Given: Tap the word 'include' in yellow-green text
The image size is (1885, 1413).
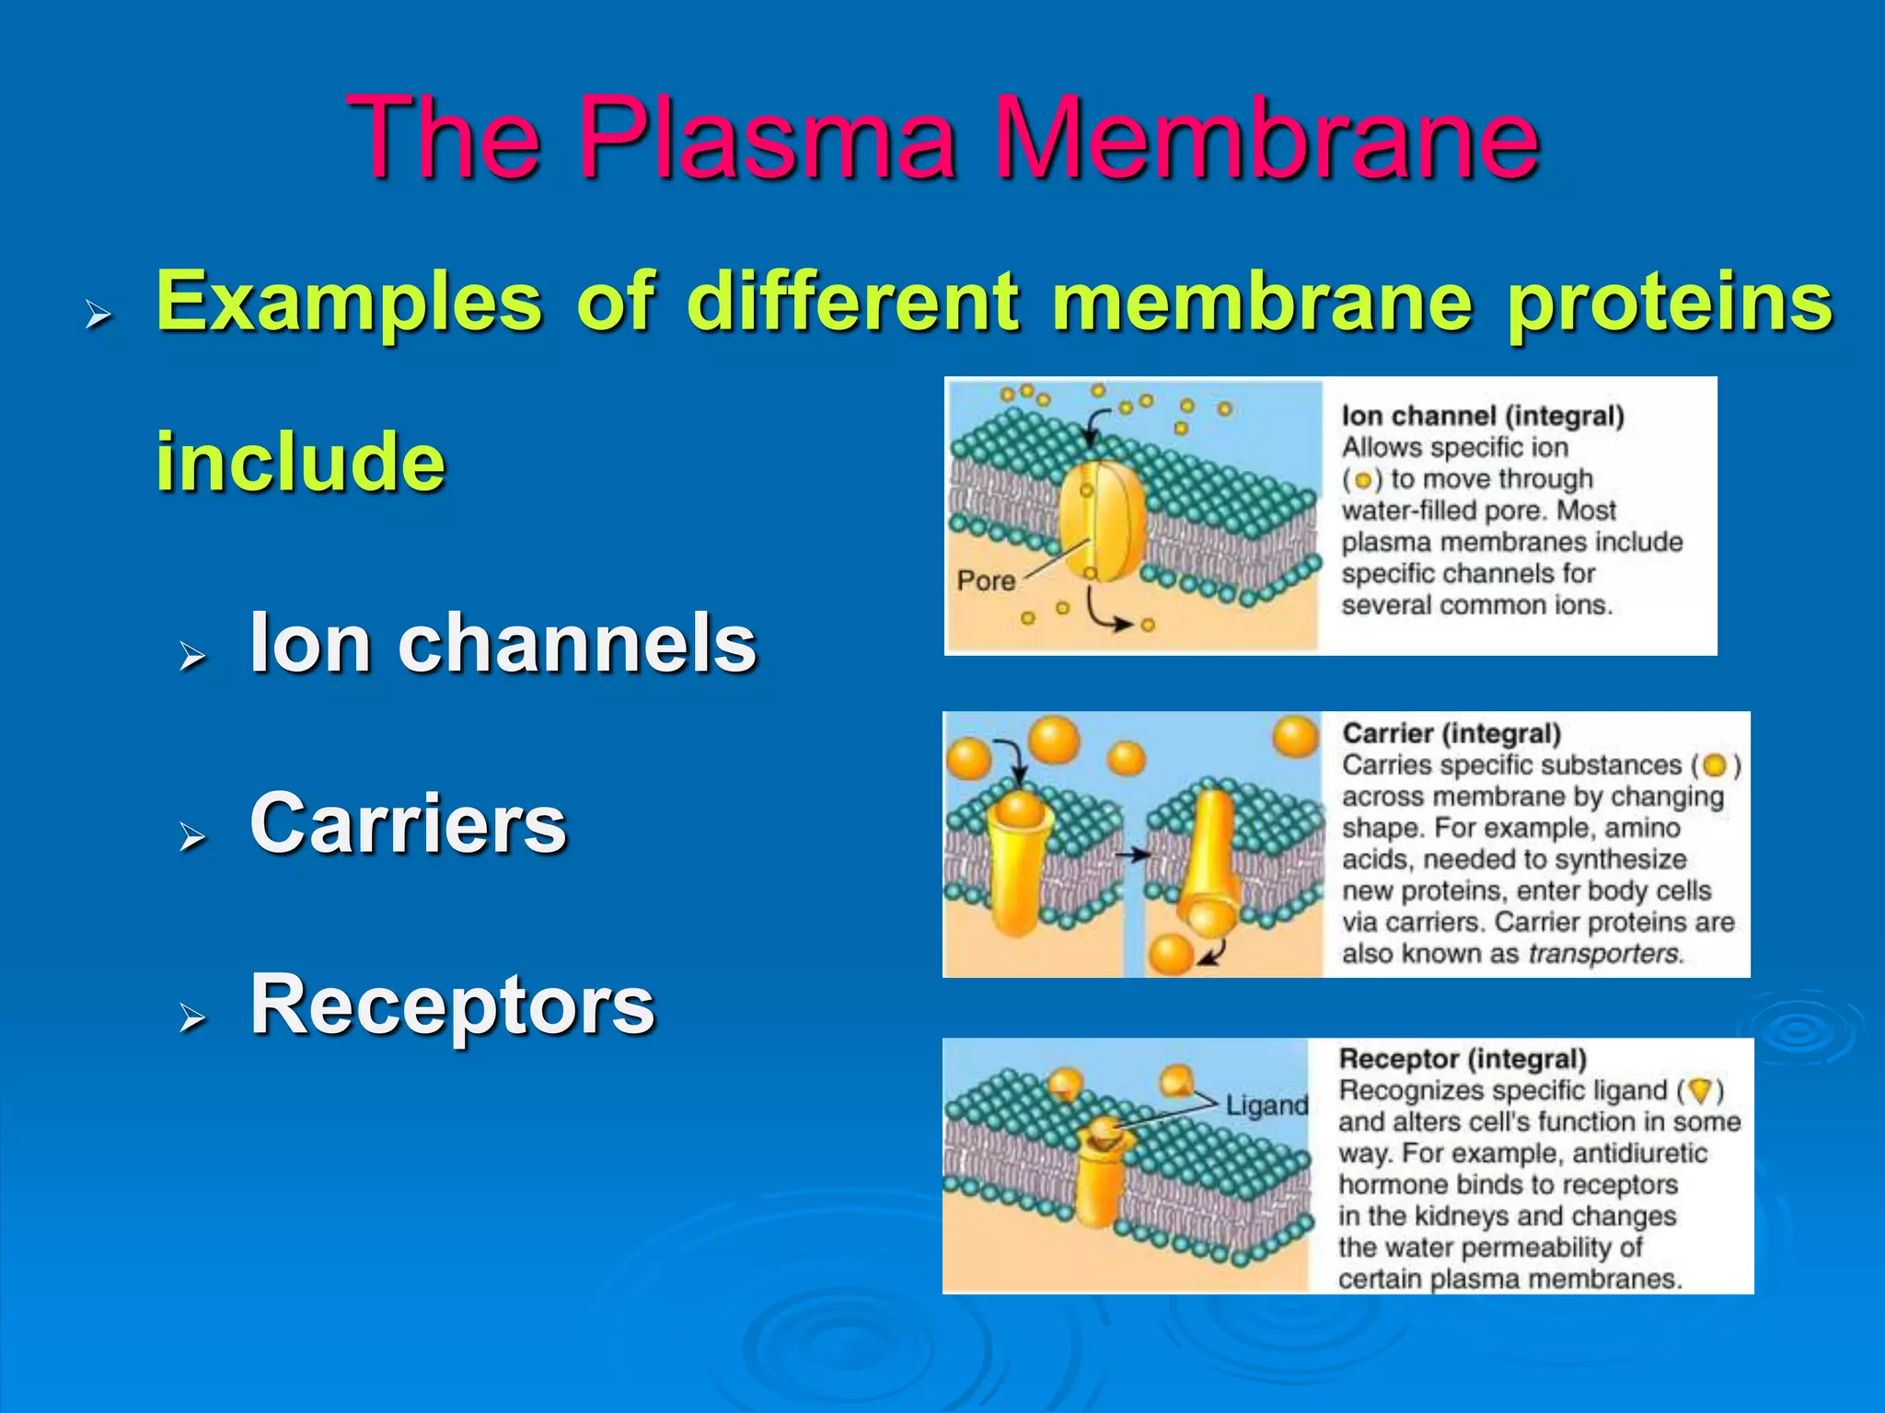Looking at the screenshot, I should tap(300, 461).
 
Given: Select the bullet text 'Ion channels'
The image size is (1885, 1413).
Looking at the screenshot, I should tap(503, 643).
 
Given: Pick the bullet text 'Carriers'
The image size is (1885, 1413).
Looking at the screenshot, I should tap(409, 823).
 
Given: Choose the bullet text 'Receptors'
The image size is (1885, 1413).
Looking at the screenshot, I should tap(453, 1005).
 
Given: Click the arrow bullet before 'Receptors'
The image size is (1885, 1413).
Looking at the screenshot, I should tap(192, 1017).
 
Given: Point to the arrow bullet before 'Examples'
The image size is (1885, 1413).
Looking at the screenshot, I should tap(98, 316).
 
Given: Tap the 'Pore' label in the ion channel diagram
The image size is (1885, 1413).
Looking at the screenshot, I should tap(986, 581).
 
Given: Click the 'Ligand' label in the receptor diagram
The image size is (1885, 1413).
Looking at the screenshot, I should tap(1266, 1106).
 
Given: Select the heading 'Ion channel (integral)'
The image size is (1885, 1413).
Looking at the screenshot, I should tap(1482, 416).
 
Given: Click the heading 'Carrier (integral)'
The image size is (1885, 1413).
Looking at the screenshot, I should tap(1451, 733).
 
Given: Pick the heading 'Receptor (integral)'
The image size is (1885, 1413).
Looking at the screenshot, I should tap(1463, 1059).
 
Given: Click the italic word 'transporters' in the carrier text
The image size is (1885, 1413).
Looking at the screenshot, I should tap(1603, 953).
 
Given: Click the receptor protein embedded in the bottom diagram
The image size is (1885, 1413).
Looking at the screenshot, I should tap(1101, 1177).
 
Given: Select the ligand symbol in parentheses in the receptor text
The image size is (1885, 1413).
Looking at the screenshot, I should tap(1701, 1091).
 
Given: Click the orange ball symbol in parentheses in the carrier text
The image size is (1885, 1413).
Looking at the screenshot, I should tap(1714, 765).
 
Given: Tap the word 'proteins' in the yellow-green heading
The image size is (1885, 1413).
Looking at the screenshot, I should tap(1670, 302).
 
